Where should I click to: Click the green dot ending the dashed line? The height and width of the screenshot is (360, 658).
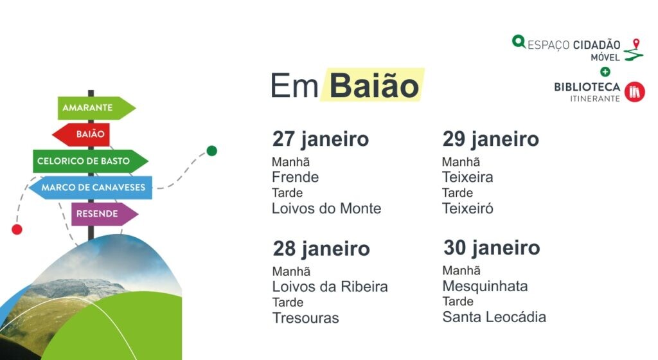pyautogui.click(x=212, y=151)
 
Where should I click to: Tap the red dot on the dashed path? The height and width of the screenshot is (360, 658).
pyautogui.click(x=17, y=230)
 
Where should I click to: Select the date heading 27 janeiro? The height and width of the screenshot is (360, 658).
pyautogui.click(x=321, y=139)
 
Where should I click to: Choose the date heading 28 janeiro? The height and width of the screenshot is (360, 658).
pyautogui.click(x=321, y=249)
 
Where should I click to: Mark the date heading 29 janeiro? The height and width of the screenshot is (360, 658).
pyautogui.click(x=490, y=139)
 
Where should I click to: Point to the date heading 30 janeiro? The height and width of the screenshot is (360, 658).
pyautogui.click(x=492, y=248)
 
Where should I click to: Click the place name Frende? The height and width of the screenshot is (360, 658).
pyautogui.click(x=295, y=177)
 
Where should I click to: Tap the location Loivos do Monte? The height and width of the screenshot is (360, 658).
pyautogui.click(x=326, y=208)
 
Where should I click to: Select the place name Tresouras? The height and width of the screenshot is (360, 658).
pyautogui.click(x=305, y=318)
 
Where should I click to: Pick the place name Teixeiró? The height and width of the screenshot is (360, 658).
pyautogui.click(x=468, y=208)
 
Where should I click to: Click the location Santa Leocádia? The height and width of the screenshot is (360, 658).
pyautogui.click(x=494, y=317)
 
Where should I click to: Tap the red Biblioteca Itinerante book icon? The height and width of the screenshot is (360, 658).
pyautogui.click(x=634, y=92)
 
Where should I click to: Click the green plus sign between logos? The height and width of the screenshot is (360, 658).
pyautogui.click(x=605, y=71)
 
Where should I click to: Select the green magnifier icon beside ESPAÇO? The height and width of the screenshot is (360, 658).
pyautogui.click(x=519, y=42)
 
